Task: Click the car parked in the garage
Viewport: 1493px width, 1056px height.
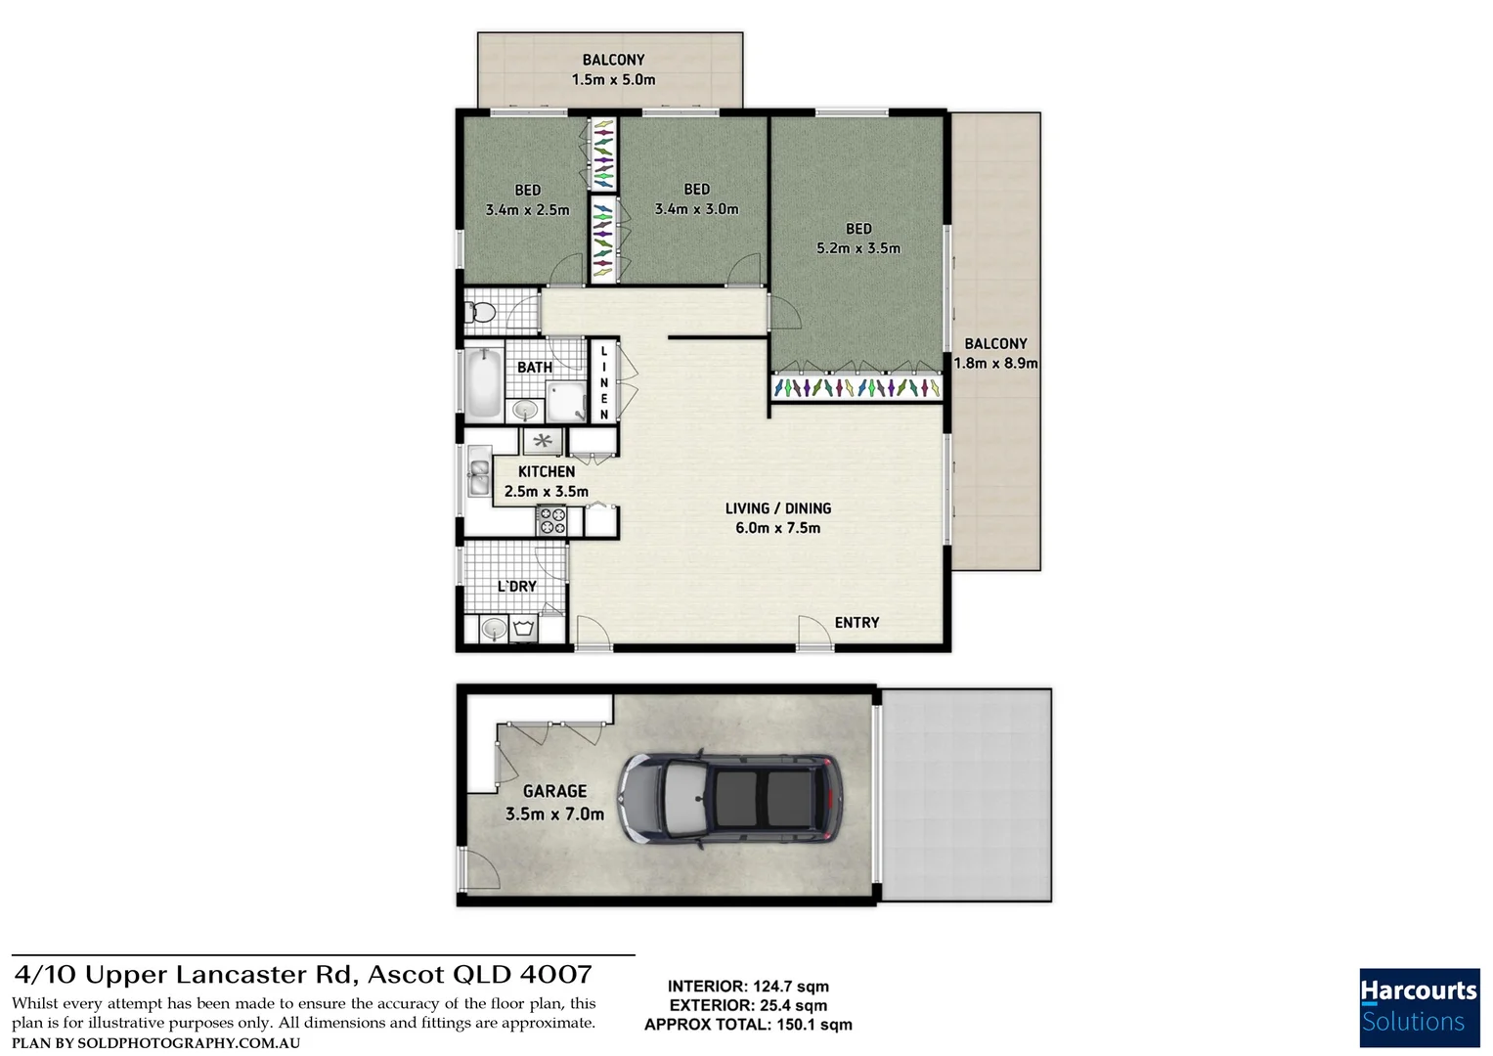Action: point(729,798)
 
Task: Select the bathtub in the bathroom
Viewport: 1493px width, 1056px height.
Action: point(482,383)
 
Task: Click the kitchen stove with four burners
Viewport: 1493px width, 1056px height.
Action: point(551,521)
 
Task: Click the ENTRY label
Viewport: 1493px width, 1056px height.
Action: point(856,623)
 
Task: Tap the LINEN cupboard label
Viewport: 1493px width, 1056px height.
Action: point(604,382)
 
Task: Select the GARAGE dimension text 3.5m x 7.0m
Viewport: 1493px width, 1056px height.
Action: point(554,814)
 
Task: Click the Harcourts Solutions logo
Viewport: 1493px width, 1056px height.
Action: point(1419,1007)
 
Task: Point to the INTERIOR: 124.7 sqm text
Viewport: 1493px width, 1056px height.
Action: point(748,987)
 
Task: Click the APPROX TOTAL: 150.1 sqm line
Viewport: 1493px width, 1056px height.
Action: point(748,1025)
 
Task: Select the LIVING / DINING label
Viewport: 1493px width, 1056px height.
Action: point(778,508)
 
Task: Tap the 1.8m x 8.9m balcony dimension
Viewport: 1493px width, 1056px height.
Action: point(995,363)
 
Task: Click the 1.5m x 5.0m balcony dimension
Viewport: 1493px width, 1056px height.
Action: point(613,80)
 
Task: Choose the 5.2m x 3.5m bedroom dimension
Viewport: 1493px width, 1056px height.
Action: point(858,248)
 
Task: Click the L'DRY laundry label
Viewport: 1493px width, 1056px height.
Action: point(516,587)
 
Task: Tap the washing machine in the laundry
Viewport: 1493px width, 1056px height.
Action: point(523,628)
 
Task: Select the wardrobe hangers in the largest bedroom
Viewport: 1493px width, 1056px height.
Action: point(857,388)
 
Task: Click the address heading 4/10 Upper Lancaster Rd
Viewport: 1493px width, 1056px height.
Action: point(303,975)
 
